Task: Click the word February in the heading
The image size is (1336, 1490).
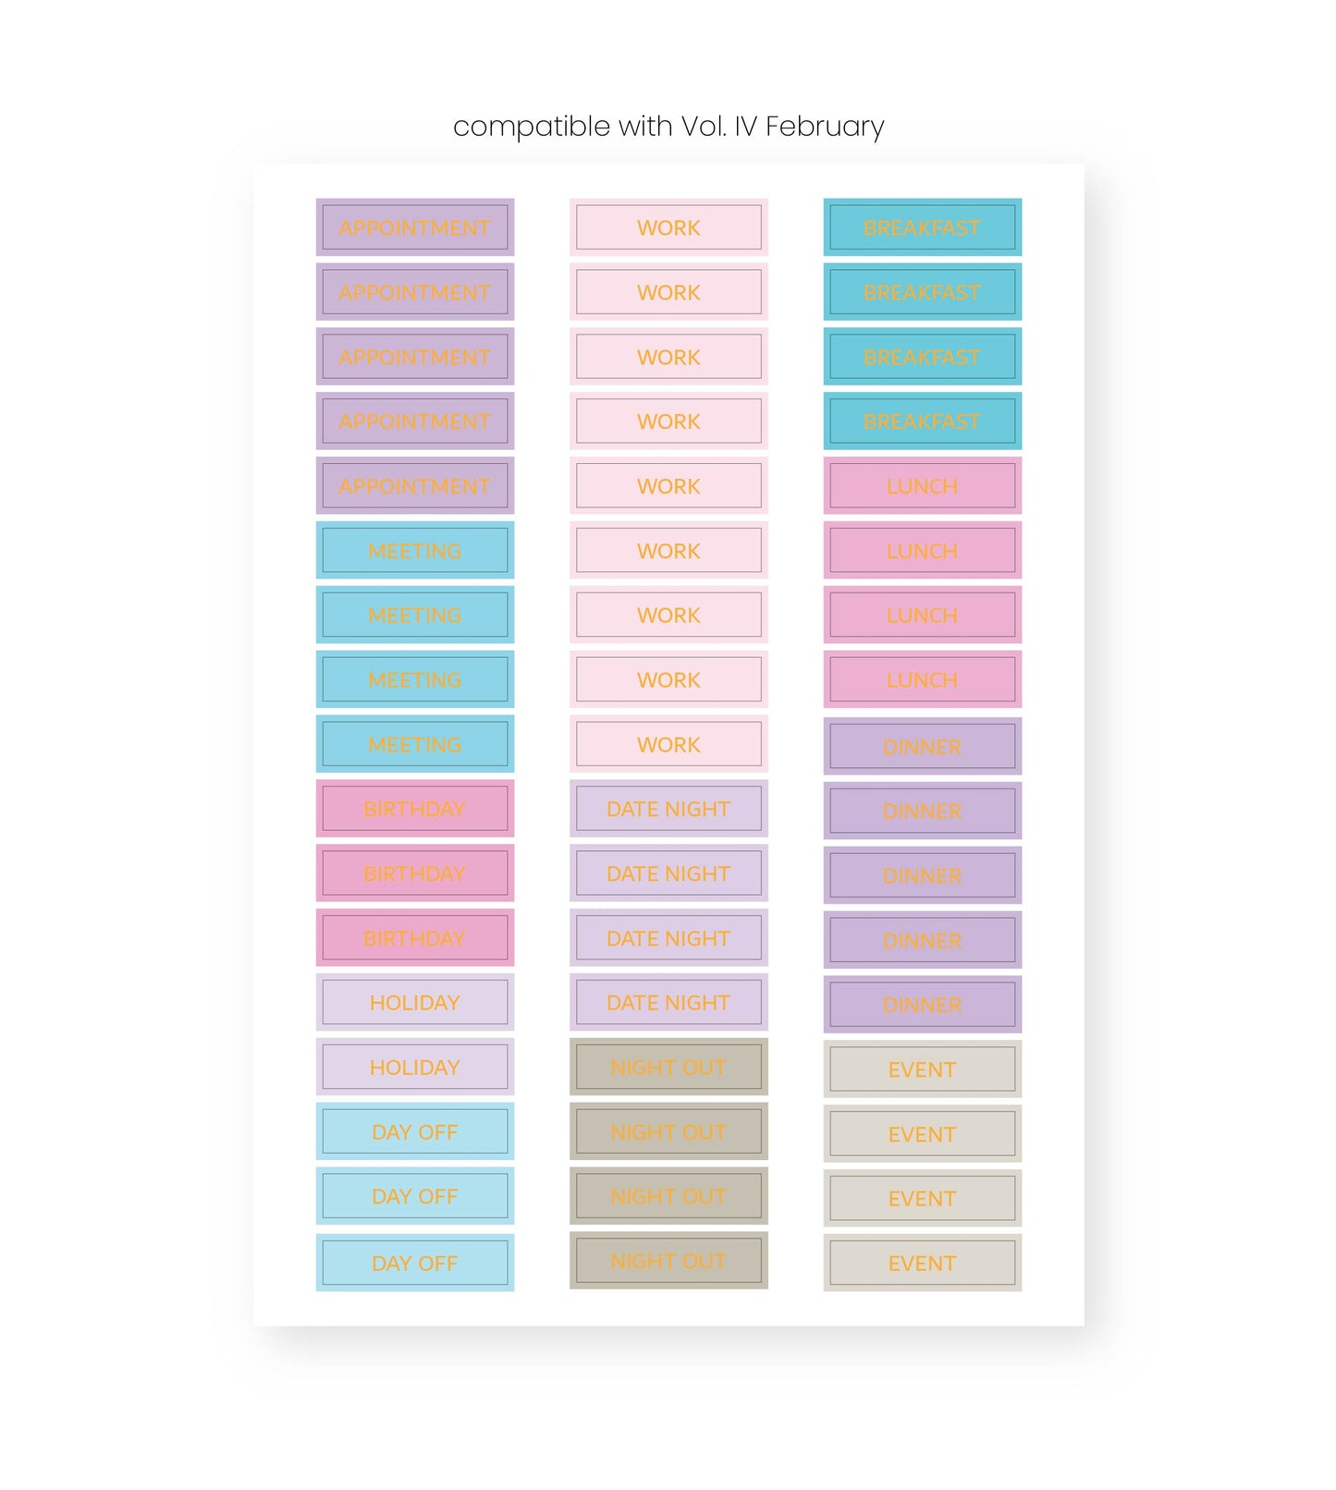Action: [825, 127]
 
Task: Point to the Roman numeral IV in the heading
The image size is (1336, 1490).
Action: [745, 127]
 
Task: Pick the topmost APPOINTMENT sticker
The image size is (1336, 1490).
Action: [414, 227]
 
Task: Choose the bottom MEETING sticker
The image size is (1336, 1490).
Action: [414, 744]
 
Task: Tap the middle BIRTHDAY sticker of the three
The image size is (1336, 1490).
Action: [414, 873]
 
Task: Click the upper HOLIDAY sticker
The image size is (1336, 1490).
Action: [414, 1003]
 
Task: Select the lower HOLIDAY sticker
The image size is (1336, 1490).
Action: [414, 1068]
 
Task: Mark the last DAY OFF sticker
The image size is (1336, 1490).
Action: [414, 1263]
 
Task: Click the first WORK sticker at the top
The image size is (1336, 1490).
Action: [668, 227]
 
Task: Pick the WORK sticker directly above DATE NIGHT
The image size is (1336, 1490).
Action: [668, 744]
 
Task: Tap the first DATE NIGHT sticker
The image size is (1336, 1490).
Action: [668, 809]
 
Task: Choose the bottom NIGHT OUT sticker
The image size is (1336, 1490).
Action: [668, 1261]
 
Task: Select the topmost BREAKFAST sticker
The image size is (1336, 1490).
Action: [922, 227]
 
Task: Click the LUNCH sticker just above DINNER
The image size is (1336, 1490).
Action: [922, 679]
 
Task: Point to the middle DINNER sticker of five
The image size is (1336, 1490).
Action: [922, 875]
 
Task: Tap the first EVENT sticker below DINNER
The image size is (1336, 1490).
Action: [922, 1069]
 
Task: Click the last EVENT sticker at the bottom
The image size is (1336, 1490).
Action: [922, 1263]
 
